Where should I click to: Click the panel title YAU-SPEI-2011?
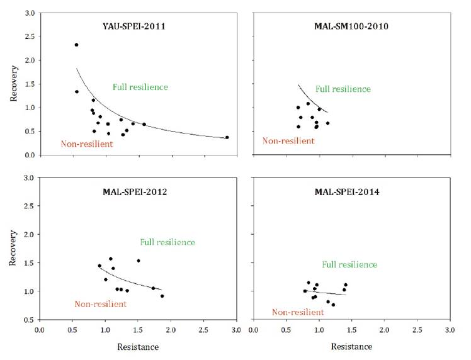138,26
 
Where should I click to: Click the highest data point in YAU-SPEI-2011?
76,45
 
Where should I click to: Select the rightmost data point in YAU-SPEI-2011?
227,137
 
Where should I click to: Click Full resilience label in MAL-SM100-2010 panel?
343,89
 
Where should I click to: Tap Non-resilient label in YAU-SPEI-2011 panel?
87,143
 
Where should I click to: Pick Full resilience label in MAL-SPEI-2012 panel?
167,242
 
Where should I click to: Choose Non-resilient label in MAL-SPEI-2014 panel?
298,312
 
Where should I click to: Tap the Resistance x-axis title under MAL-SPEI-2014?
351,346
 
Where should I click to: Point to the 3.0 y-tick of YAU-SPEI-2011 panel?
29,13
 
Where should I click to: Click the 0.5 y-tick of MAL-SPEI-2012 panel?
29,320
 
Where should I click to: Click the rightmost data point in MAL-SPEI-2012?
162,296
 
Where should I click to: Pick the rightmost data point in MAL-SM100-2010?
327,123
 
